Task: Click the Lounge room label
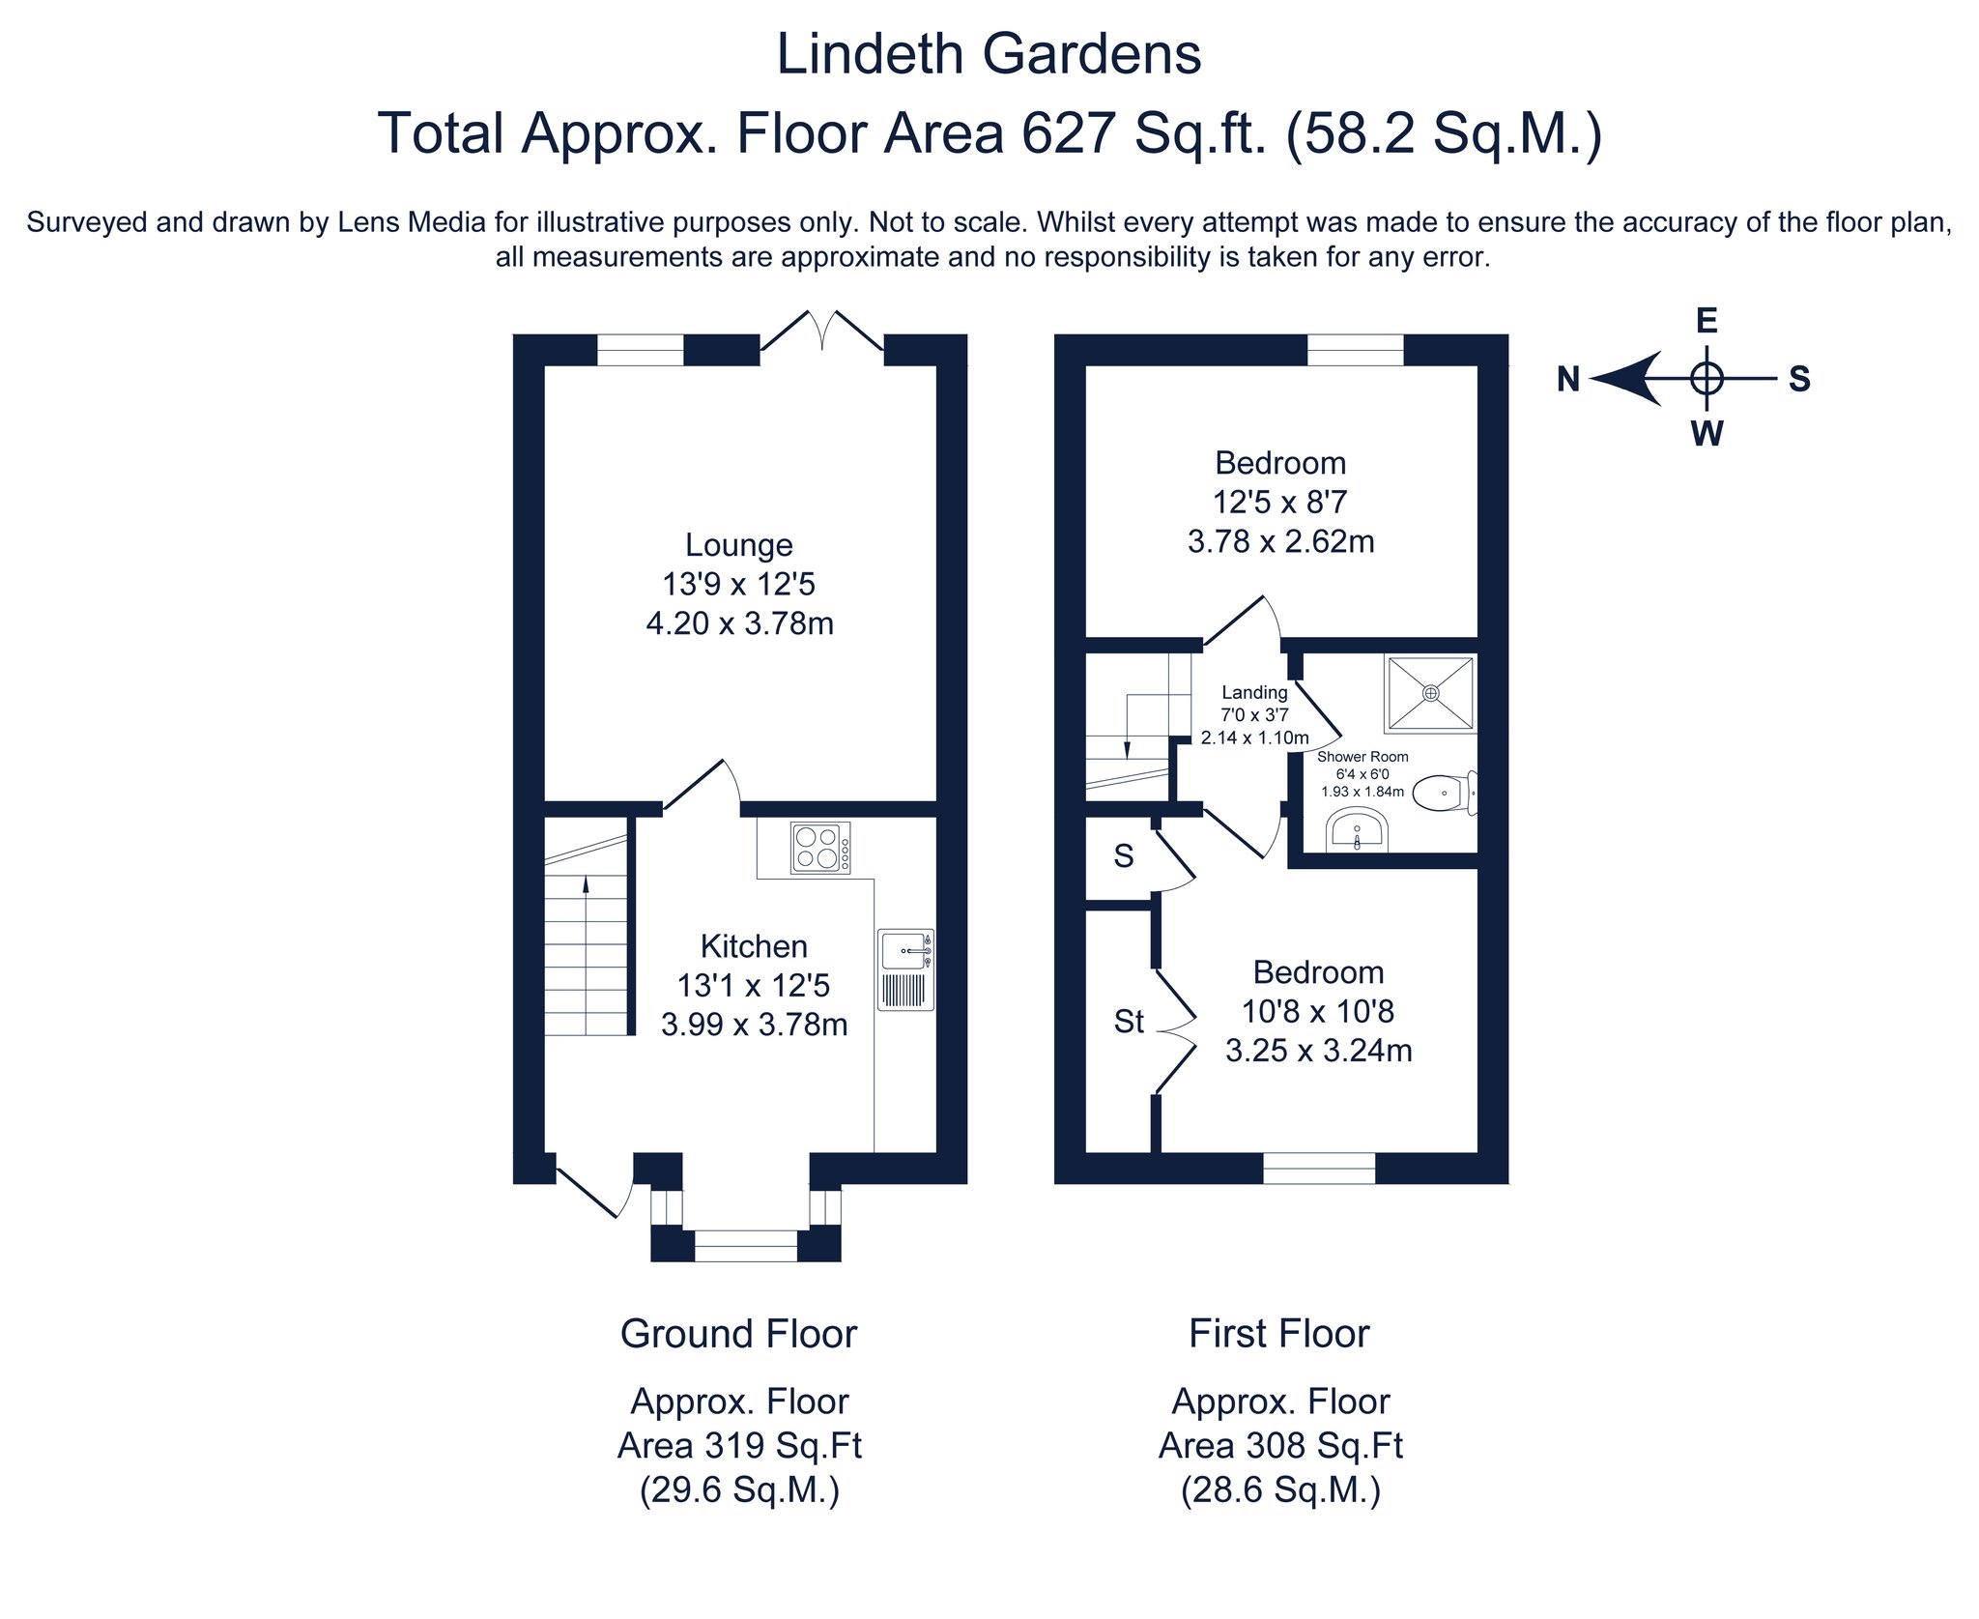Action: point(738,545)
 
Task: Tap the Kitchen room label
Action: point(754,946)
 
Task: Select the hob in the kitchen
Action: point(820,848)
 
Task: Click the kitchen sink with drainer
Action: point(905,969)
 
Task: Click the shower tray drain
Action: point(1430,693)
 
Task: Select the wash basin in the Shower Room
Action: point(1357,831)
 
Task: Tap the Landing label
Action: point(1254,692)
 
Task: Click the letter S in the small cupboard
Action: point(1123,855)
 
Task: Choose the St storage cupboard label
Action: point(1129,1022)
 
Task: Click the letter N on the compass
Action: point(1568,380)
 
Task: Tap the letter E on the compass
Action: point(1707,321)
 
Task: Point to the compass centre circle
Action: point(1707,378)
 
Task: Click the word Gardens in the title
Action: point(1096,54)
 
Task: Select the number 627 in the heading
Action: point(1069,133)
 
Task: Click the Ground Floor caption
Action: point(738,1334)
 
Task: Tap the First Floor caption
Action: point(1278,1334)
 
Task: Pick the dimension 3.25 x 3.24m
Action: point(1318,1051)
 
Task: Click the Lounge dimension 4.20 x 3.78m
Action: point(739,623)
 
